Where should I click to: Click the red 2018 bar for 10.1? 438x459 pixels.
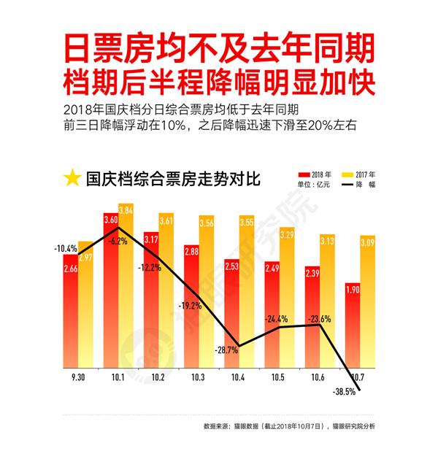(x=111, y=292)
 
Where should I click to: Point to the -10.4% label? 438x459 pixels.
(x=65, y=248)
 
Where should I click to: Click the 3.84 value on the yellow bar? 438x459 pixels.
(x=126, y=210)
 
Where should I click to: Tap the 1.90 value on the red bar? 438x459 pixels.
(x=351, y=290)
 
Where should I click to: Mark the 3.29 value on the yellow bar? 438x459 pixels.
(x=286, y=235)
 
